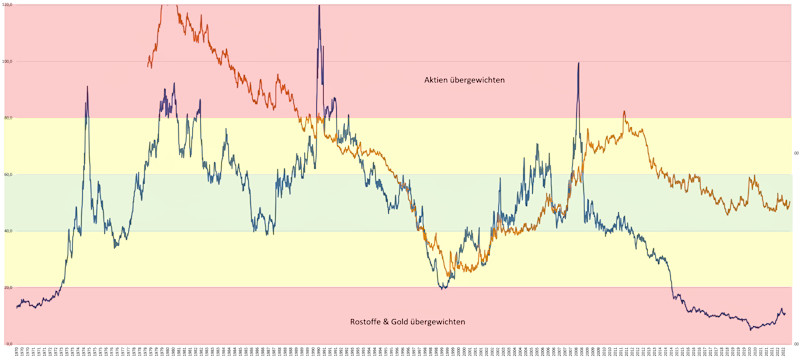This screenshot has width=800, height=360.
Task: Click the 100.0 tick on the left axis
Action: (x=8, y=61)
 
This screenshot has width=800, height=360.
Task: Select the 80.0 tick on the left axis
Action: (x=8, y=118)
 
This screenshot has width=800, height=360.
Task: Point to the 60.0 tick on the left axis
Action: (x=8, y=175)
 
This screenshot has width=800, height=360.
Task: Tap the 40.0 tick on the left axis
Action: (x=8, y=231)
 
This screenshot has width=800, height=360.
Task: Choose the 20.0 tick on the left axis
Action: (x=8, y=288)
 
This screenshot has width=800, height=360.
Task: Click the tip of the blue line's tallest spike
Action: (x=319, y=6)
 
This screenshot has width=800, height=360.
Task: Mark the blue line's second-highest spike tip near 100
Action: (x=578, y=63)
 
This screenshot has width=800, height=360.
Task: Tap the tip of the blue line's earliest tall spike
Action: (x=87, y=86)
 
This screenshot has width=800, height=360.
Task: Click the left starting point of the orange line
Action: (x=148, y=67)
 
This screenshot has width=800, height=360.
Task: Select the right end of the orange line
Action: (x=789, y=203)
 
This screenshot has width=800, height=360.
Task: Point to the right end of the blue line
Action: (x=785, y=314)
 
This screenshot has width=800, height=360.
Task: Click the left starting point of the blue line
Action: (x=17, y=306)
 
